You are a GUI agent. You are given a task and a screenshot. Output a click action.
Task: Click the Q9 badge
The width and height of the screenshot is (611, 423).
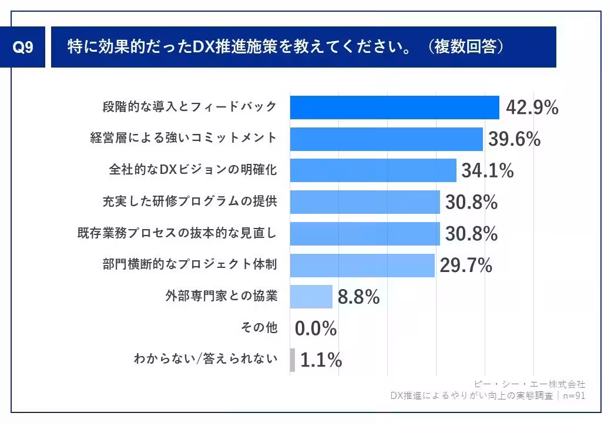[x=23, y=48]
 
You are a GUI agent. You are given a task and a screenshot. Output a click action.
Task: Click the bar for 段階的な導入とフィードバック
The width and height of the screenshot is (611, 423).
[x=394, y=108]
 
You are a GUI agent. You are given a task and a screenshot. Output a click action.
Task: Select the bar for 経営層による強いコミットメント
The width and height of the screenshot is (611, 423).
[x=386, y=139]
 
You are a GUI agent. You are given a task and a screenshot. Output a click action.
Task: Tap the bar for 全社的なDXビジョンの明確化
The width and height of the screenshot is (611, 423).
[x=373, y=170]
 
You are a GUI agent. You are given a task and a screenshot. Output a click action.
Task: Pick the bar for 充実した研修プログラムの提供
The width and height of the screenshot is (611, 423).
[x=365, y=202]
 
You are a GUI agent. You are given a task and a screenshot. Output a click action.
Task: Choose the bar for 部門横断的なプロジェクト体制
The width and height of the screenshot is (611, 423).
[x=362, y=265]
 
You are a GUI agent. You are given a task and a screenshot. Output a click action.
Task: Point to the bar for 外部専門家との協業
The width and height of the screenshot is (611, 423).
[x=311, y=297]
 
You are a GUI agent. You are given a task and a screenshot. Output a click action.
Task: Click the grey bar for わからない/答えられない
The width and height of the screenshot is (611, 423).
[x=293, y=360]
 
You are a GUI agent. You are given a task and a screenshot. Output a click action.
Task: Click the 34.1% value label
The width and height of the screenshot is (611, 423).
[x=487, y=171]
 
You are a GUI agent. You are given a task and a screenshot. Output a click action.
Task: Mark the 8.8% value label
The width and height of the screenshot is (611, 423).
[x=358, y=297]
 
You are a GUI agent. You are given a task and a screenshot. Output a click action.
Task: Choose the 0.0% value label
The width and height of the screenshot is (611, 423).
[x=315, y=328]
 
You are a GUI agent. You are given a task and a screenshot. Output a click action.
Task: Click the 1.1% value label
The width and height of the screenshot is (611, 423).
[x=321, y=360]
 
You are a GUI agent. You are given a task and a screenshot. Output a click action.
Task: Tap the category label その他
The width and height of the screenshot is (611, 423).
[x=259, y=328]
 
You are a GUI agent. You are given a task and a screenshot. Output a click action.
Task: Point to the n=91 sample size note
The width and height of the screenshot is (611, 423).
[x=573, y=395]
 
